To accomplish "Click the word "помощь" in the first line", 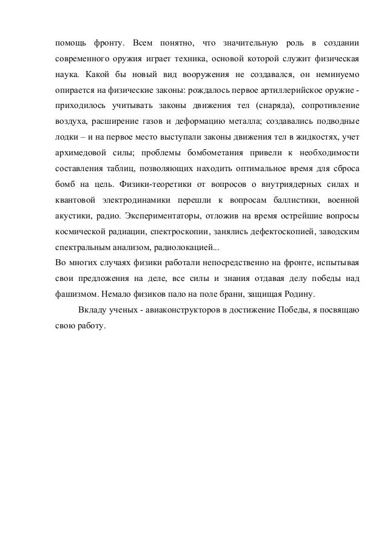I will (67, 44).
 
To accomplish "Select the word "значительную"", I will (252, 44).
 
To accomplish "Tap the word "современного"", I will (77, 61).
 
